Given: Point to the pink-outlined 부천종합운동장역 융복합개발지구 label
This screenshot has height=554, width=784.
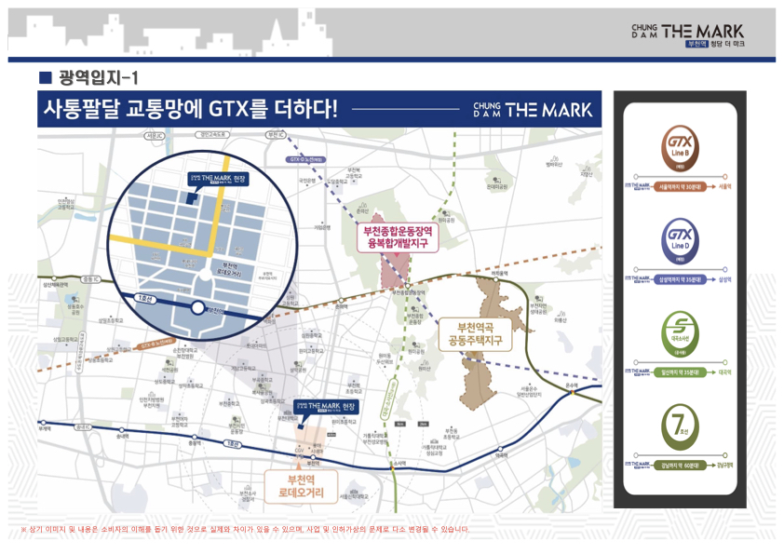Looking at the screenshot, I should coord(399,237).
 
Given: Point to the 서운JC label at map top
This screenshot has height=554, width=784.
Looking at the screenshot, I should coord(155,136).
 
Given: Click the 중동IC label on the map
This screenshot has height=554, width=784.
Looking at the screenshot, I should coord(89,278).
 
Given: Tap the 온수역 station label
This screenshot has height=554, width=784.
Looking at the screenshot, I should coord(572,383).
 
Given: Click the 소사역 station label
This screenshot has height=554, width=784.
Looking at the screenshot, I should coord(400,463).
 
